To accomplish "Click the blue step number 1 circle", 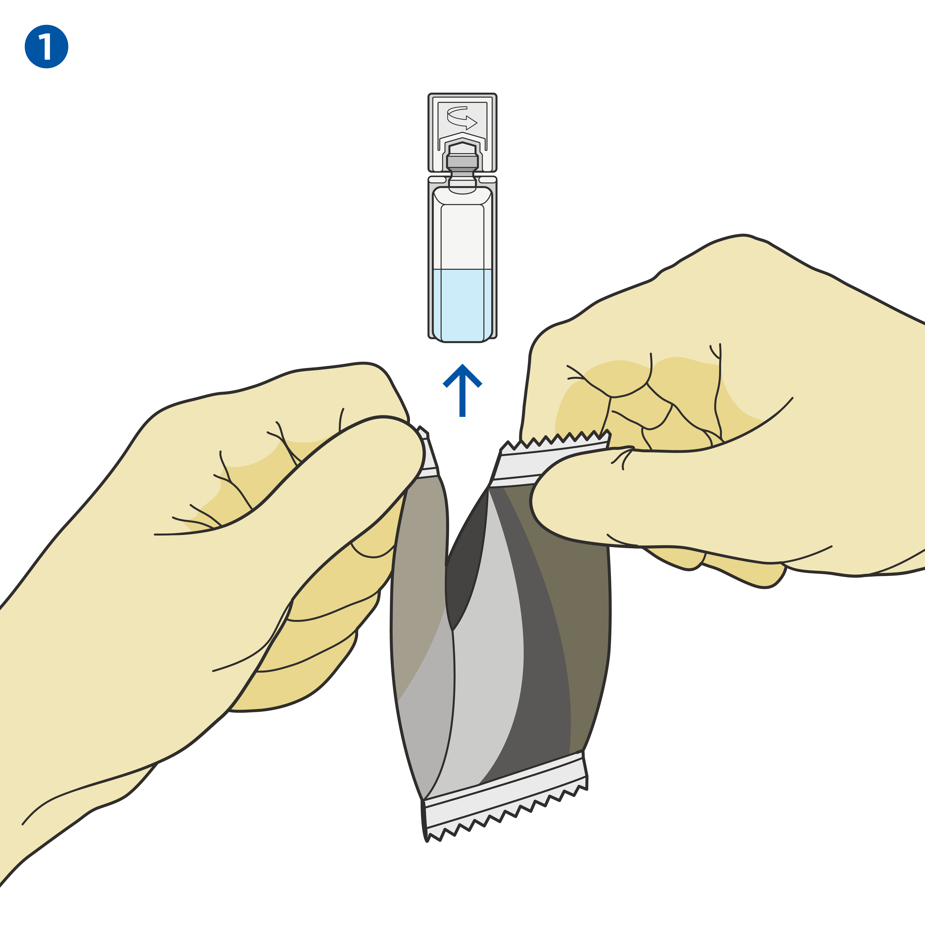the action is point(46,46).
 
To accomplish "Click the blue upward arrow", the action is point(462,390).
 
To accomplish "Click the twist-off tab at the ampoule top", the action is point(462,132).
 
